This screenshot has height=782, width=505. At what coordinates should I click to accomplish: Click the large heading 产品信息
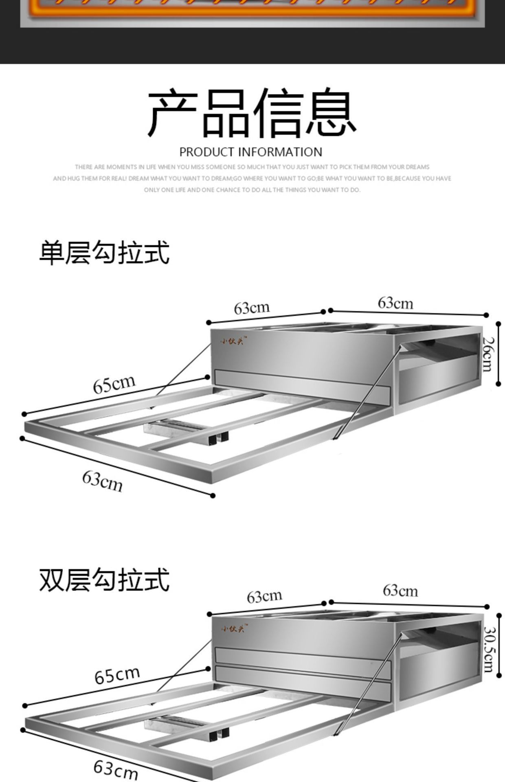click(252, 113)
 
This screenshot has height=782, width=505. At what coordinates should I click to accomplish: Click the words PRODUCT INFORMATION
click(251, 152)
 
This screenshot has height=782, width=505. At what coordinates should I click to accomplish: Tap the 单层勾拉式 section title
click(104, 253)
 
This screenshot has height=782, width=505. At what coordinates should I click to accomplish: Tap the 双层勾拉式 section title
click(104, 580)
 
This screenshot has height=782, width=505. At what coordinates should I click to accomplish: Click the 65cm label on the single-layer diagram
click(114, 384)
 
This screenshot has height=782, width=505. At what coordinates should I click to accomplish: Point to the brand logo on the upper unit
click(233, 340)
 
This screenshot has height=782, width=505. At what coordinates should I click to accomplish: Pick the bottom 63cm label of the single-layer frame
click(102, 481)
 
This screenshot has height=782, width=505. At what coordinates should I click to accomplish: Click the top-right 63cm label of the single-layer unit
click(395, 303)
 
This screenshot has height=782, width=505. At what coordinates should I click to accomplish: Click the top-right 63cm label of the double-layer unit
click(400, 591)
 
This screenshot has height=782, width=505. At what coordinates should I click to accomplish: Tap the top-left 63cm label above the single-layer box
click(252, 308)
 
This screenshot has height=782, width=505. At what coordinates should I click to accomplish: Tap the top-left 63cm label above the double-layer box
click(264, 597)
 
